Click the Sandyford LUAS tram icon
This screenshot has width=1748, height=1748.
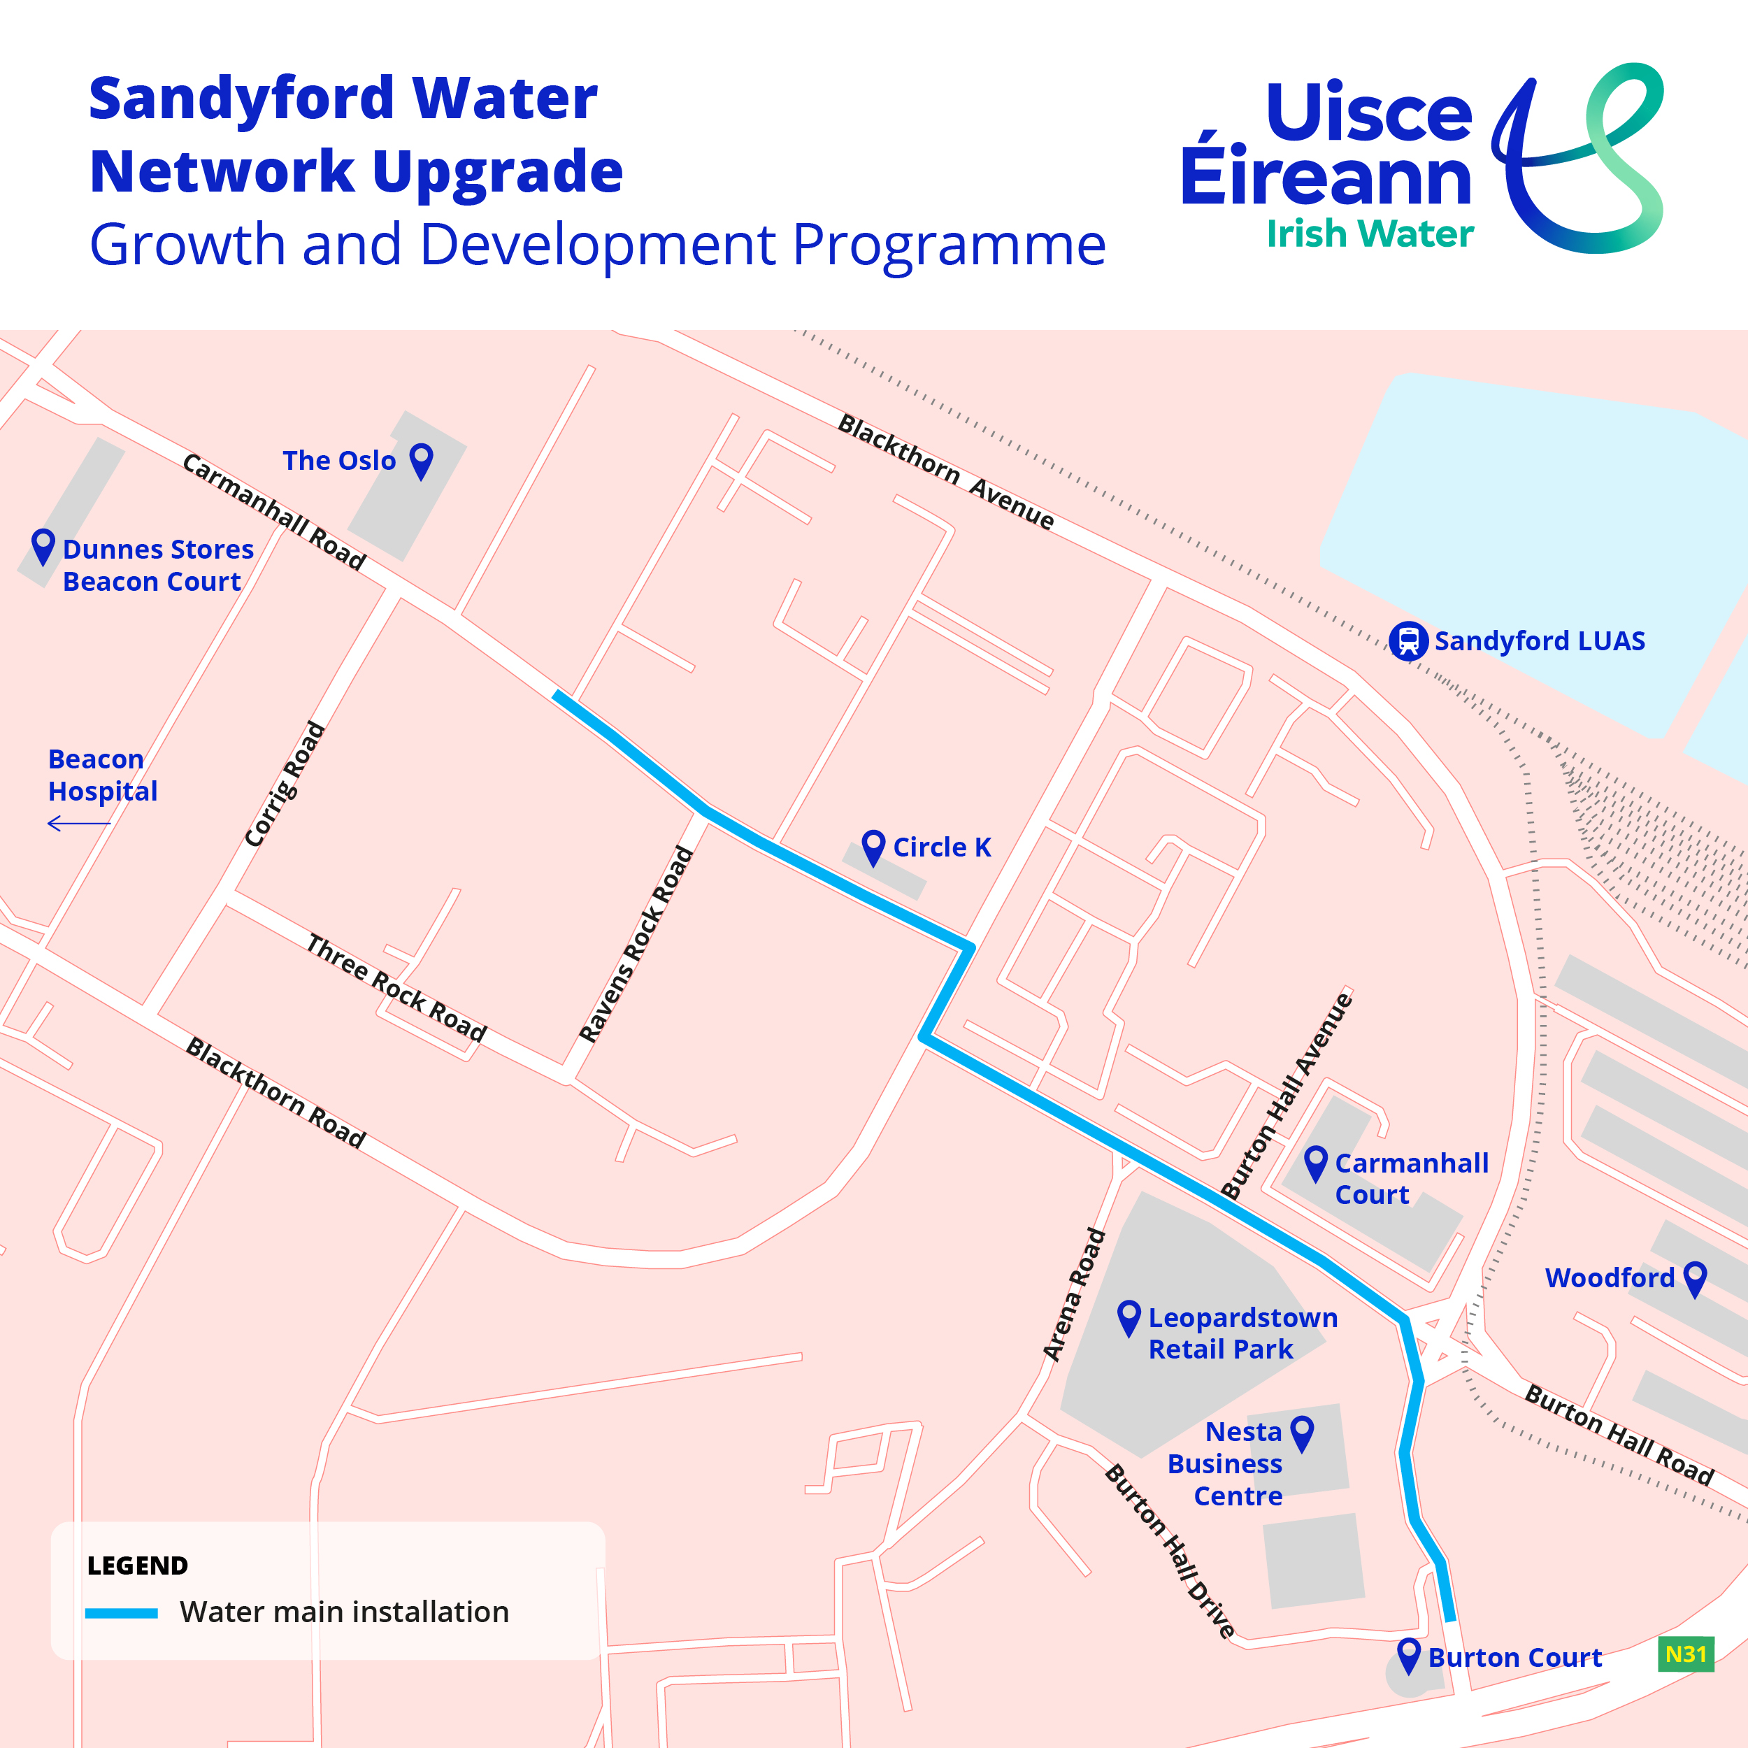pos(1407,641)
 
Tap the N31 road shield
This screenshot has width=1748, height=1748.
pos(1686,1654)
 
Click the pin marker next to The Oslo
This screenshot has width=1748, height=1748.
pos(422,459)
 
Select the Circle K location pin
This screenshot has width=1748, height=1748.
pos(873,846)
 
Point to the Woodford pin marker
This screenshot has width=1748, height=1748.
pos(1695,1277)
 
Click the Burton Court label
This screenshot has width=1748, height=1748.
pos(1514,1658)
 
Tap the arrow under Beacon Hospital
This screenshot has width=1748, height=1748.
pos(79,824)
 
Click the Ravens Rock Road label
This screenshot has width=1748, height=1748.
pos(636,944)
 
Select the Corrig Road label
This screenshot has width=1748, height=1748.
pos(284,785)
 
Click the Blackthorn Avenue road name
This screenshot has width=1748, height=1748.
pos(945,471)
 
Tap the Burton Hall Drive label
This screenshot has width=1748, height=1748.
pos(1170,1551)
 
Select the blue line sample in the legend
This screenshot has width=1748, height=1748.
pos(121,1612)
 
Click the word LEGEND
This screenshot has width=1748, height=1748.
pos(138,1566)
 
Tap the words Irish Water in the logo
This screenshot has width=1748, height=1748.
pos(1369,234)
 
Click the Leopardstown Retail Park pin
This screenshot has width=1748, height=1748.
pos(1129,1317)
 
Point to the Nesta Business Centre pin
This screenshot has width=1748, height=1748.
pos(1301,1432)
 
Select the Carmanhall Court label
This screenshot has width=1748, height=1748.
pos(1410,1179)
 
